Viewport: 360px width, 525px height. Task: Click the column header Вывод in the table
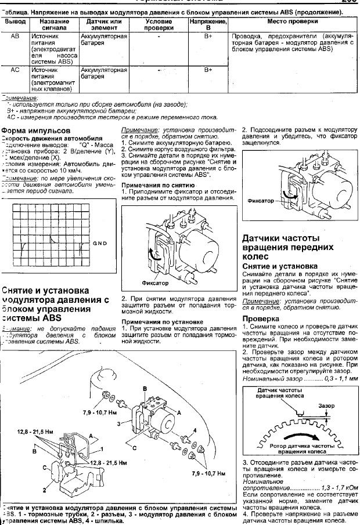(16, 21)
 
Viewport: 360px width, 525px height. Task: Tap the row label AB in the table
(16, 36)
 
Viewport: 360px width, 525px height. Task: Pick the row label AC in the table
(16, 70)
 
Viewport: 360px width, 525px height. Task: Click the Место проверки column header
(291, 21)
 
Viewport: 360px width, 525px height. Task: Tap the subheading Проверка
(260, 319)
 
